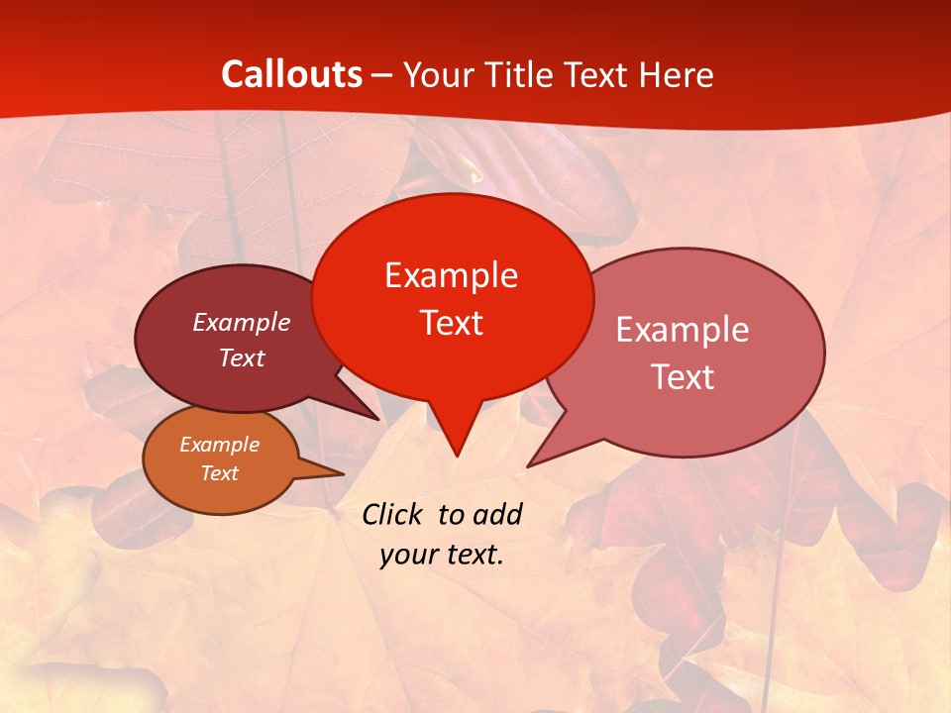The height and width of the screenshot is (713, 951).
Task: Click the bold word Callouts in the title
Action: click(291, 74)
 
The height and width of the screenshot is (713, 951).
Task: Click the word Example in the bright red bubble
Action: click(451, 275)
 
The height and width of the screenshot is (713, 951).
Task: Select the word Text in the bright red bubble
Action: click(451, 323)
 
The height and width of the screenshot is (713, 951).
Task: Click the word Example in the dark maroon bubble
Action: click(241, 322)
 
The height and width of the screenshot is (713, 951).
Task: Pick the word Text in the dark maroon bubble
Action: click(241, 357)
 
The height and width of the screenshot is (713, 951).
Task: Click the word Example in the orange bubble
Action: click(219, 445)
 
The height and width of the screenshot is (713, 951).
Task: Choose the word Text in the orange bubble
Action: click(219, 473)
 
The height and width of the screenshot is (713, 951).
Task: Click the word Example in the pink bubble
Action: click(682, 330)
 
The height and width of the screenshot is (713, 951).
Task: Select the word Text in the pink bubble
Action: click(682, 377)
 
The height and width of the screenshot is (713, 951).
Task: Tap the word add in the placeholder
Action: click(497, 514)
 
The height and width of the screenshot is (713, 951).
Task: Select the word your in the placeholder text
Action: click(407, 555)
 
